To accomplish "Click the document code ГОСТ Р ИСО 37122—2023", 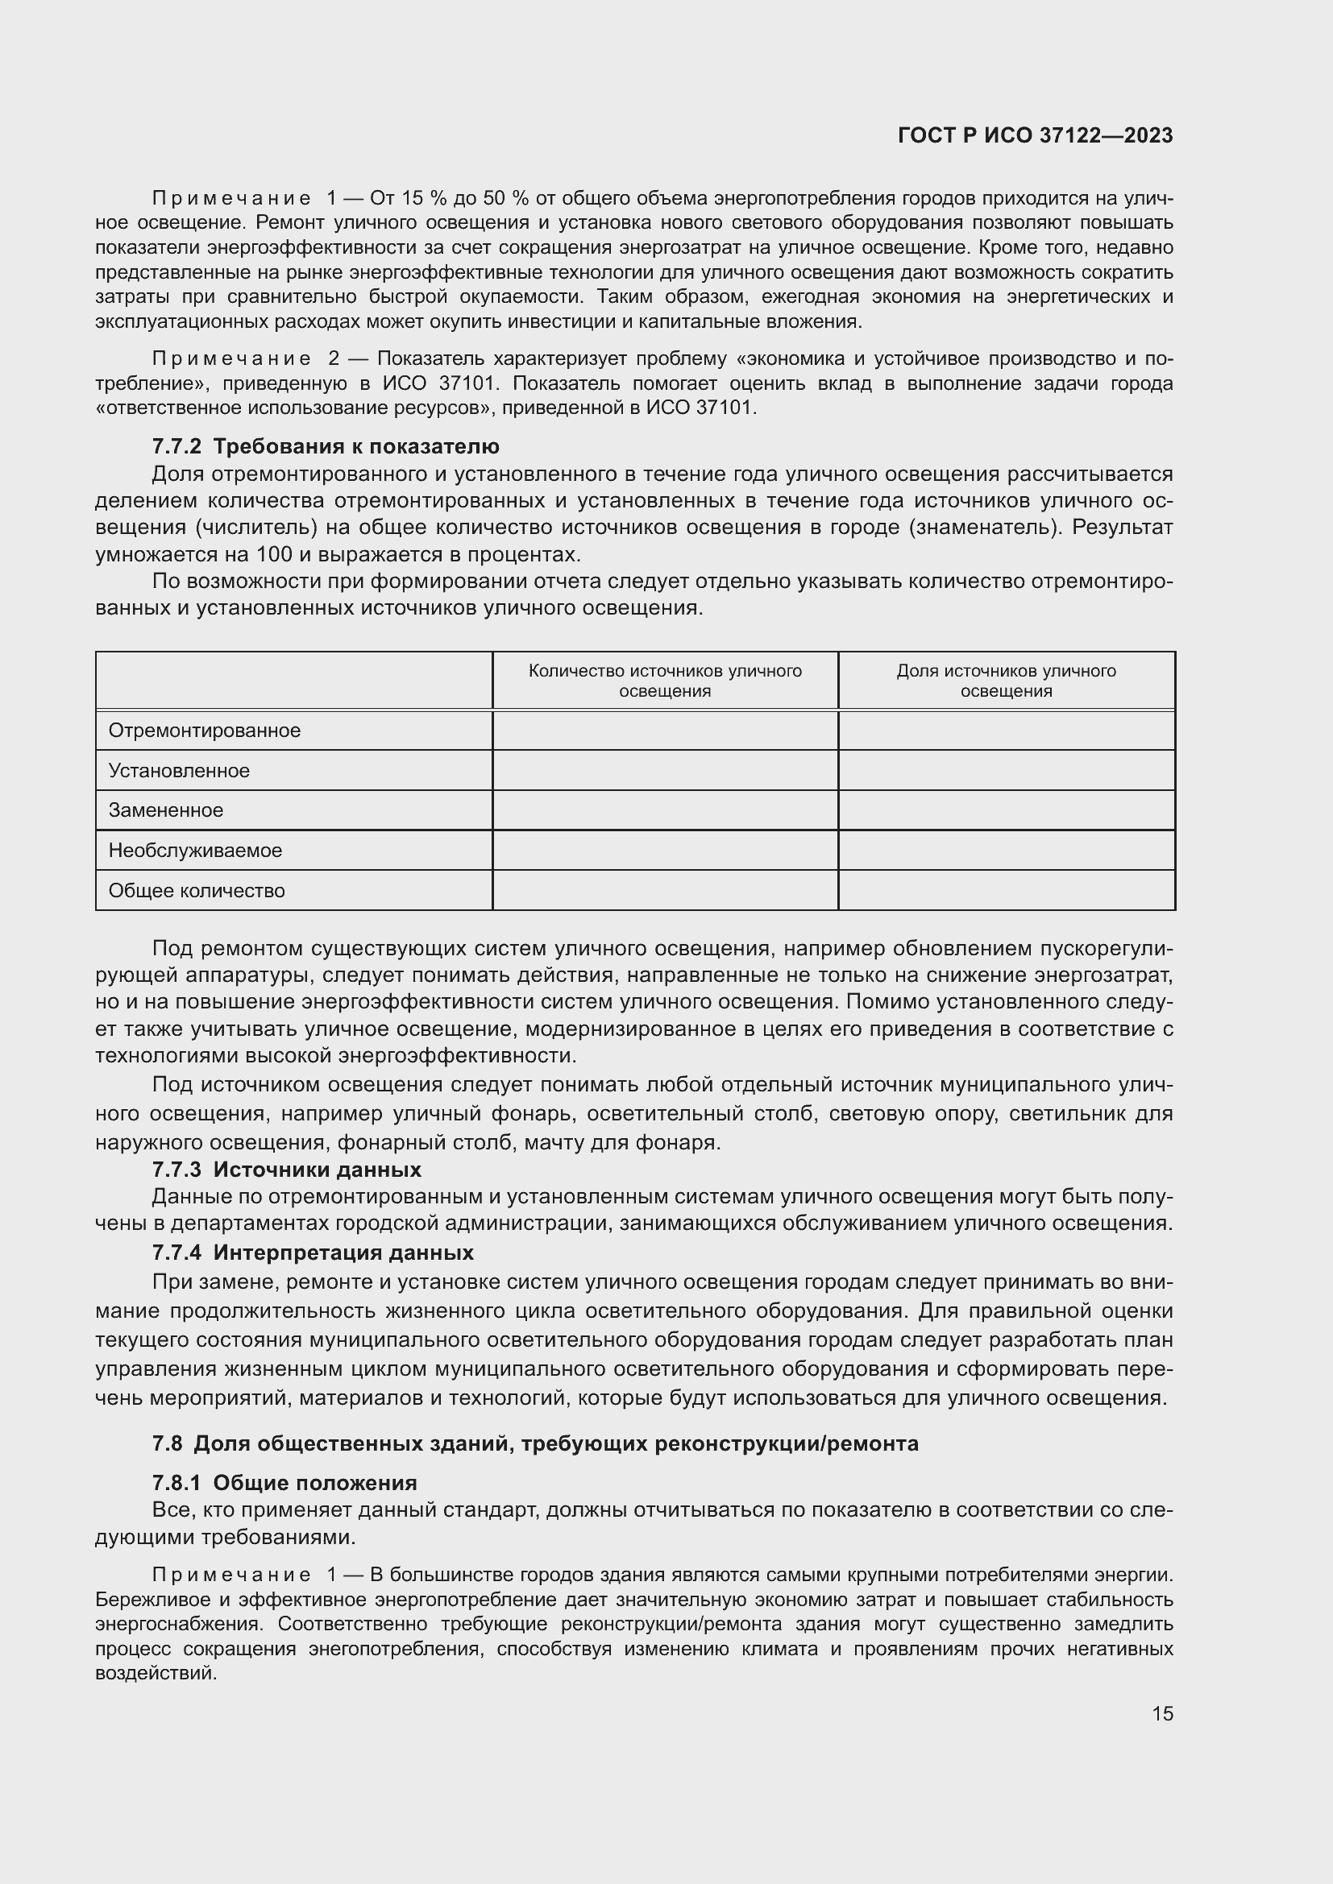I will click(1035, 135).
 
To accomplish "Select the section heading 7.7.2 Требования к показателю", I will click(325, 446).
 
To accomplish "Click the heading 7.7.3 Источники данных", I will click(286, 1170).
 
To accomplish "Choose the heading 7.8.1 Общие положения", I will click(284, 1483).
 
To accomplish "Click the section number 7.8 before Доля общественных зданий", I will click(168, 1443).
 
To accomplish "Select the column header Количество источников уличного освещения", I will click(665, 681).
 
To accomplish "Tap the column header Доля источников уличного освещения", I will click(1006, 681).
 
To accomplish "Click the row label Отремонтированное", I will click(205, 731).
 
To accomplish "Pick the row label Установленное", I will click(179, 771).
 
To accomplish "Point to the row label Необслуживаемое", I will click(195, 850).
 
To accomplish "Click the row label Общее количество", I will click(197, 890).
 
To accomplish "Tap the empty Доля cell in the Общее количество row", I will click(1006, 890).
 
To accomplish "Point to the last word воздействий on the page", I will click(156, 1673).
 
